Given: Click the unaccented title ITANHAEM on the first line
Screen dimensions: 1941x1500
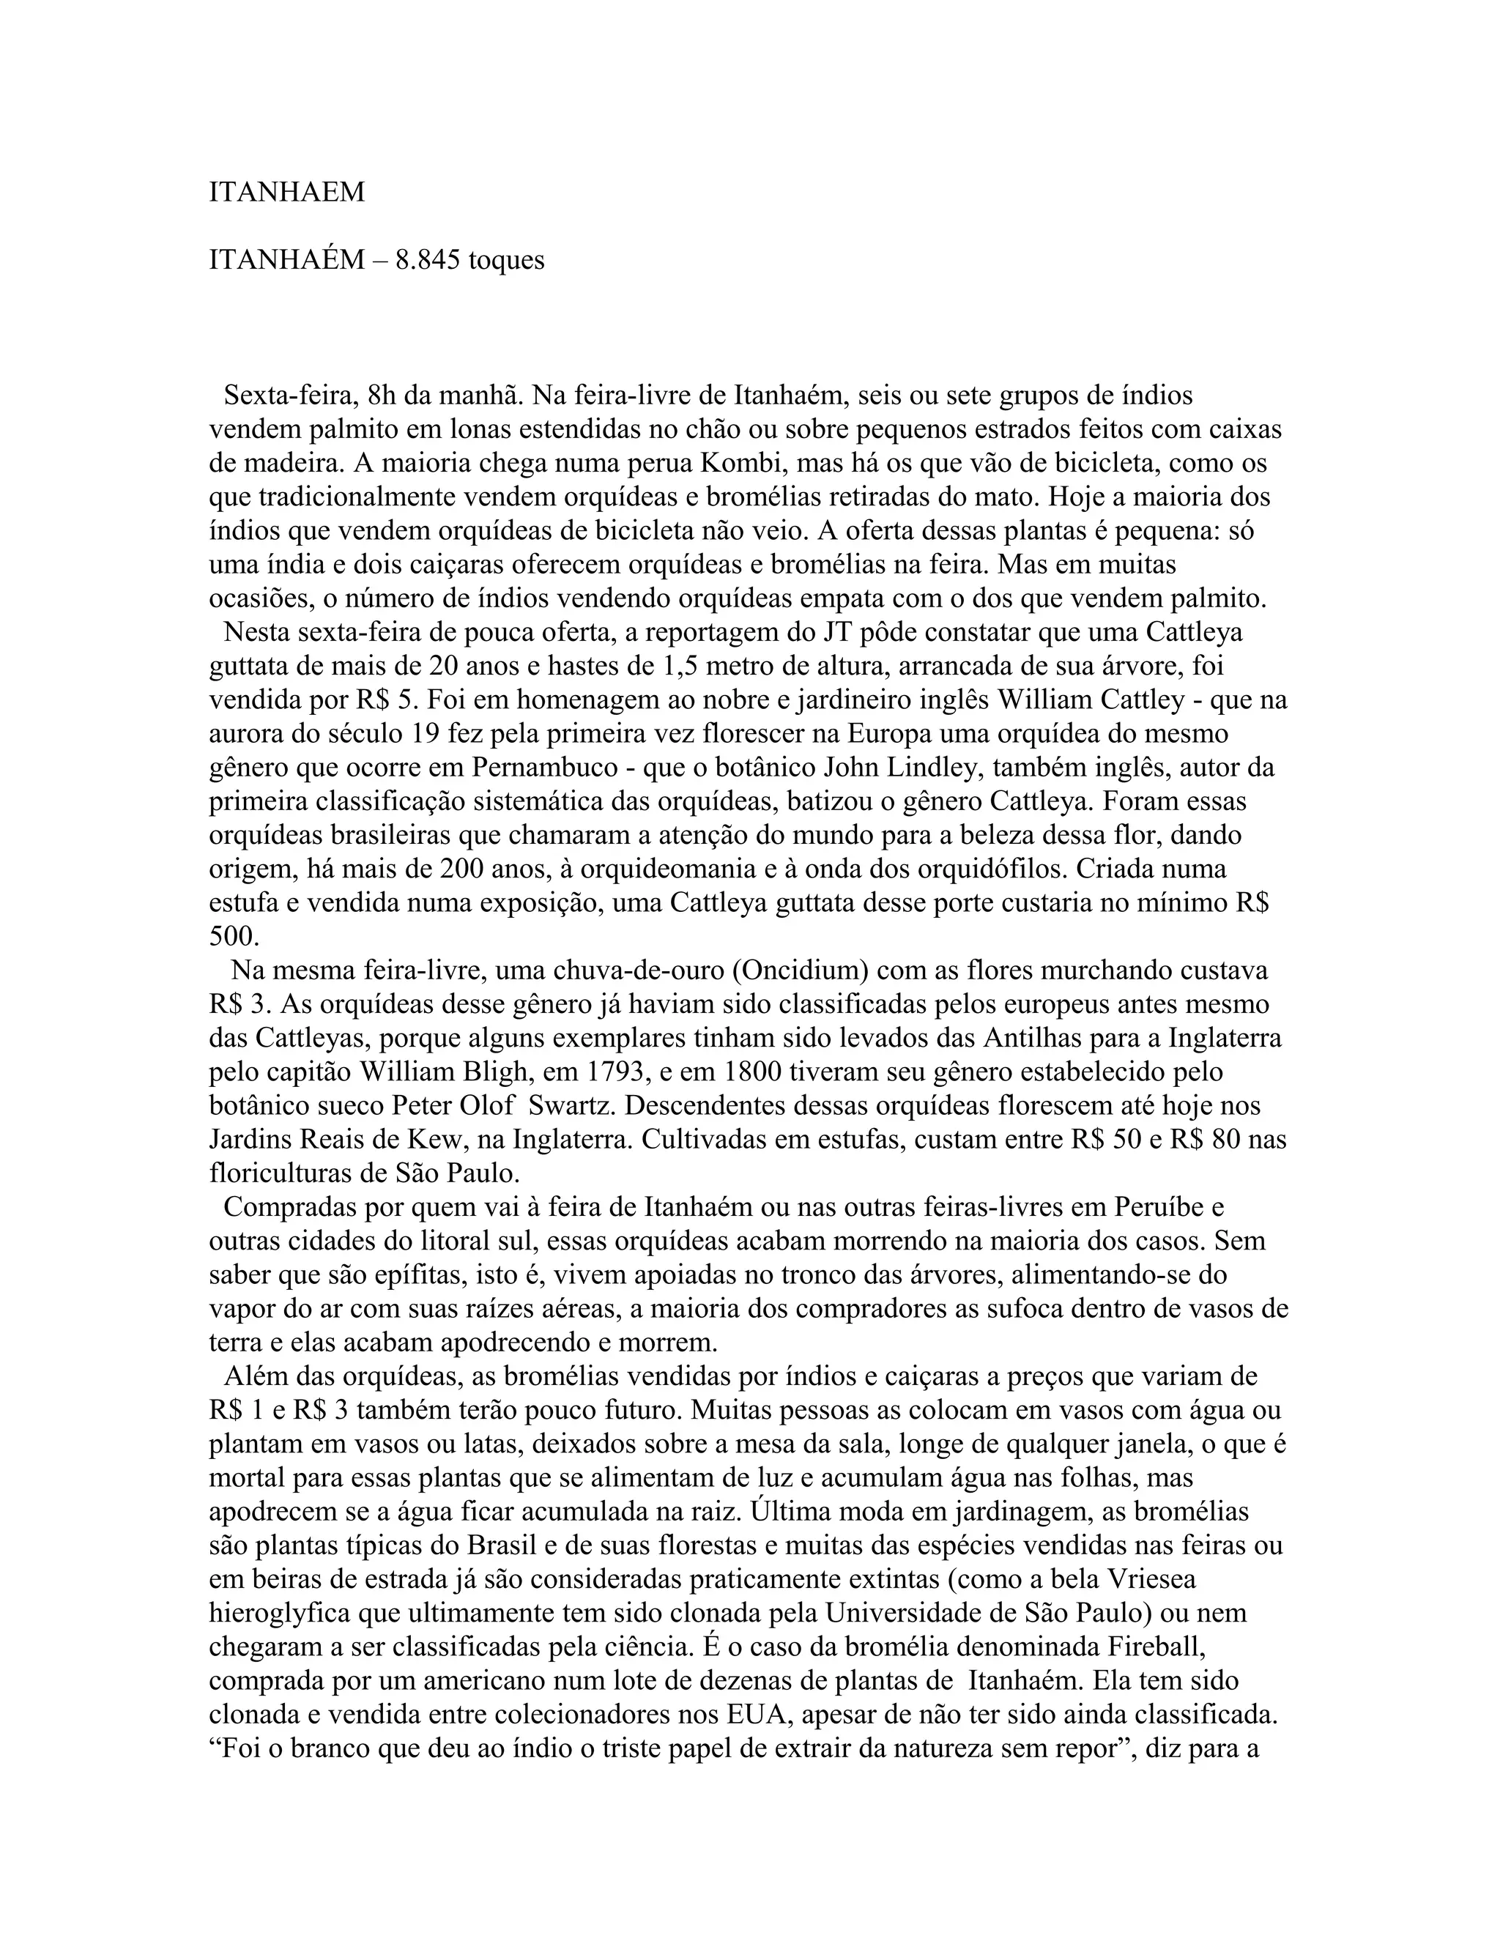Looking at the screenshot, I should (x=286, y=192).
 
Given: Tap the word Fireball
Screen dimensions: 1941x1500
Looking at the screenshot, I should (x=1155, y=1647).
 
